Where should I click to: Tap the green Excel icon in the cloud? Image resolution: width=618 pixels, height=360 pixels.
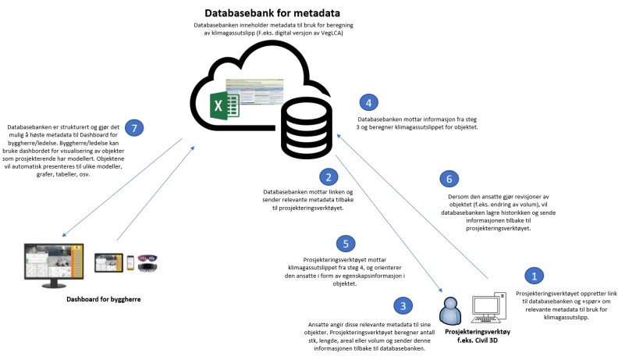point(226,102)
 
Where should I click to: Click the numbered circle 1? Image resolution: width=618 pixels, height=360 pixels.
point(534,275)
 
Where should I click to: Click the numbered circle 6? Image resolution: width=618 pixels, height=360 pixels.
point(449,178)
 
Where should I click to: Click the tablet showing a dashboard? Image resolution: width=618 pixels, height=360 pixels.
point(108,262)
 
